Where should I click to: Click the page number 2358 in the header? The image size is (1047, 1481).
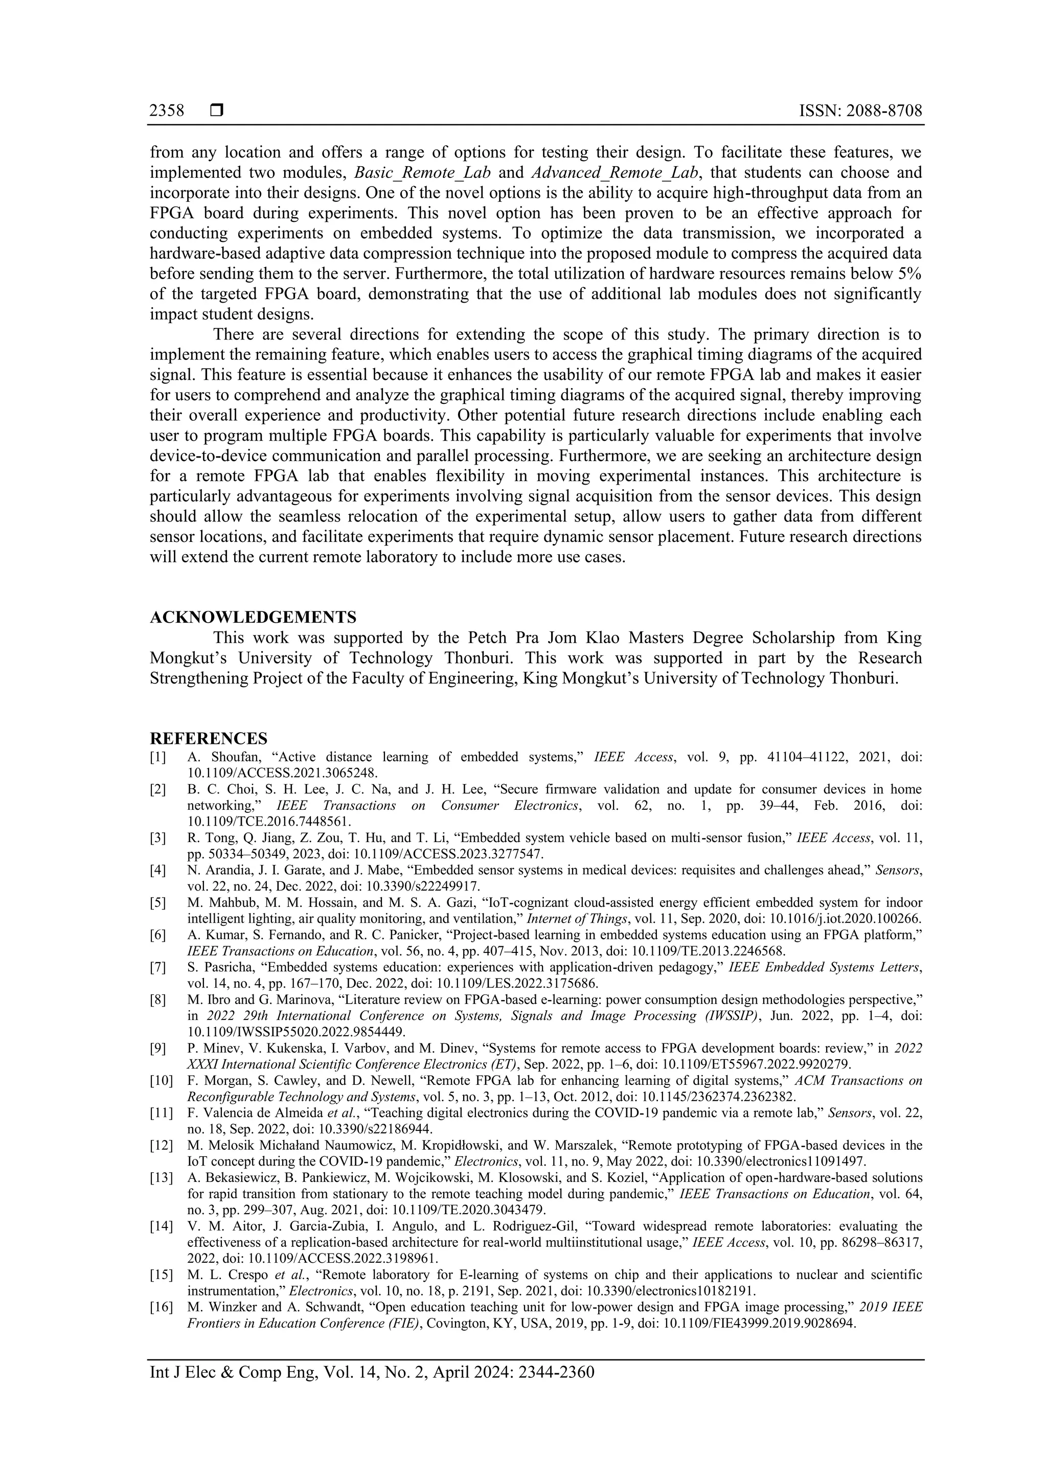pyautogui.click(x=167, y=111)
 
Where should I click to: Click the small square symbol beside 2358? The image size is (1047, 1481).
pyautogui.click(x=217, y=111)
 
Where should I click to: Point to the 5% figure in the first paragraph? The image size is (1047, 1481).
pyautogui.click(x=909, y=274)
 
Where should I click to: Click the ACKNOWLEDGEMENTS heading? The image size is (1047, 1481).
pyautogui.click(x=253, y=618)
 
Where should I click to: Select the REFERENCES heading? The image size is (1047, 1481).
pyautogui.click(x=209, y=739)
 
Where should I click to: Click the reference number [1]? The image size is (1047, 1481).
pyautogui.click(x=158, y=757)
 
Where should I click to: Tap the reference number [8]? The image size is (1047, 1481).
pyautogui.click(x=158, y=1000)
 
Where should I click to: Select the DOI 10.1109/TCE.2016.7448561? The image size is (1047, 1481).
pyautogui.click(x=269, y=822)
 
